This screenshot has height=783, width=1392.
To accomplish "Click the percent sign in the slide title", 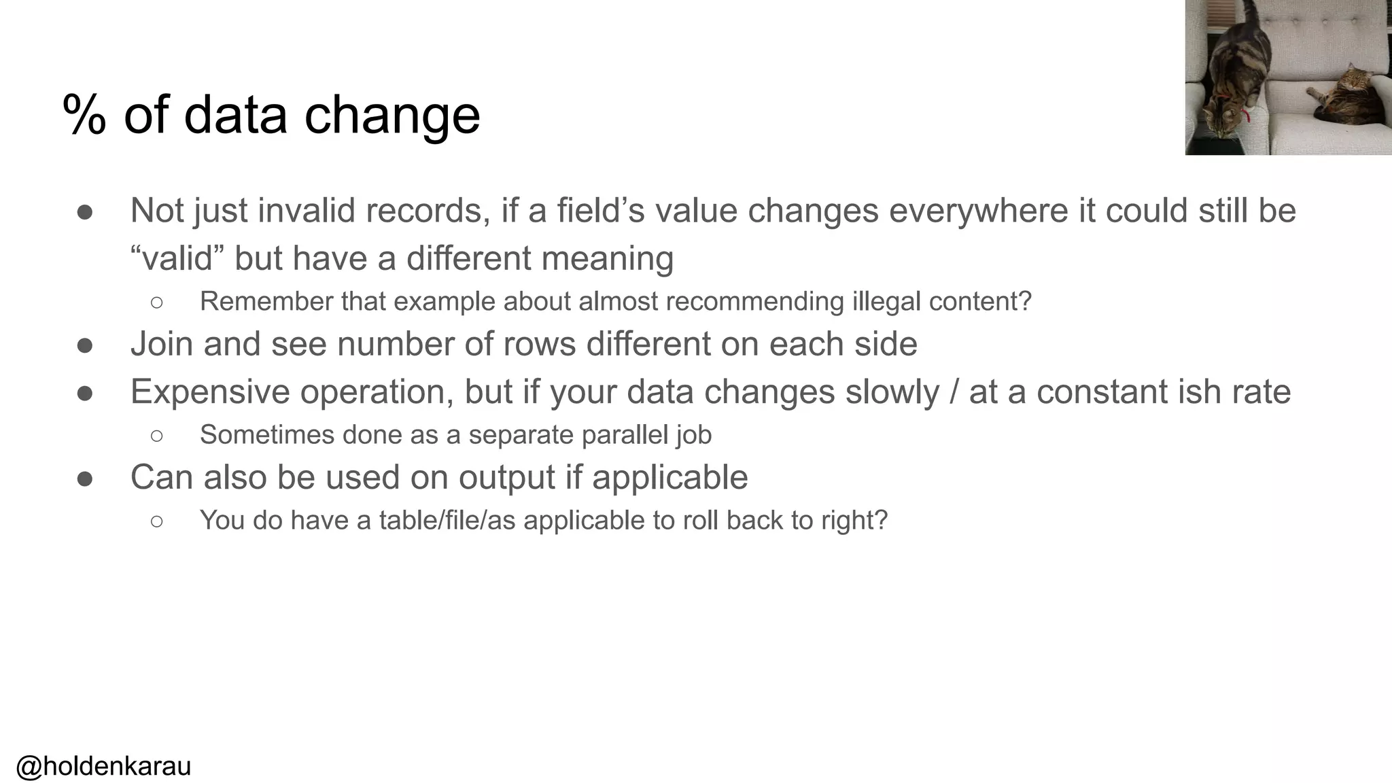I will click(x=84, y=115).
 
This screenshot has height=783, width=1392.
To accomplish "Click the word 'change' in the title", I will click(x=392, y=115).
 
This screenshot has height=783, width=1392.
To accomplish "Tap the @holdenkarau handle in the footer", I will click(x=103, y=766).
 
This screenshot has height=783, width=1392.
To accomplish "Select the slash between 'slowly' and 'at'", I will click(x=954, y=392).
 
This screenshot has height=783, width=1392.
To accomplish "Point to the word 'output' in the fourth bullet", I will click(x=506, y=478).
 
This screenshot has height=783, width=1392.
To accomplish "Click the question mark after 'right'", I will click(x=882, y=521).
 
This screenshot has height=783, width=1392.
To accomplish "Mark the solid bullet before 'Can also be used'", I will click(x=85, y=478).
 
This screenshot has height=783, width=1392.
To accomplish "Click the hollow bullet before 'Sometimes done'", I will click(x=156, y=436).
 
